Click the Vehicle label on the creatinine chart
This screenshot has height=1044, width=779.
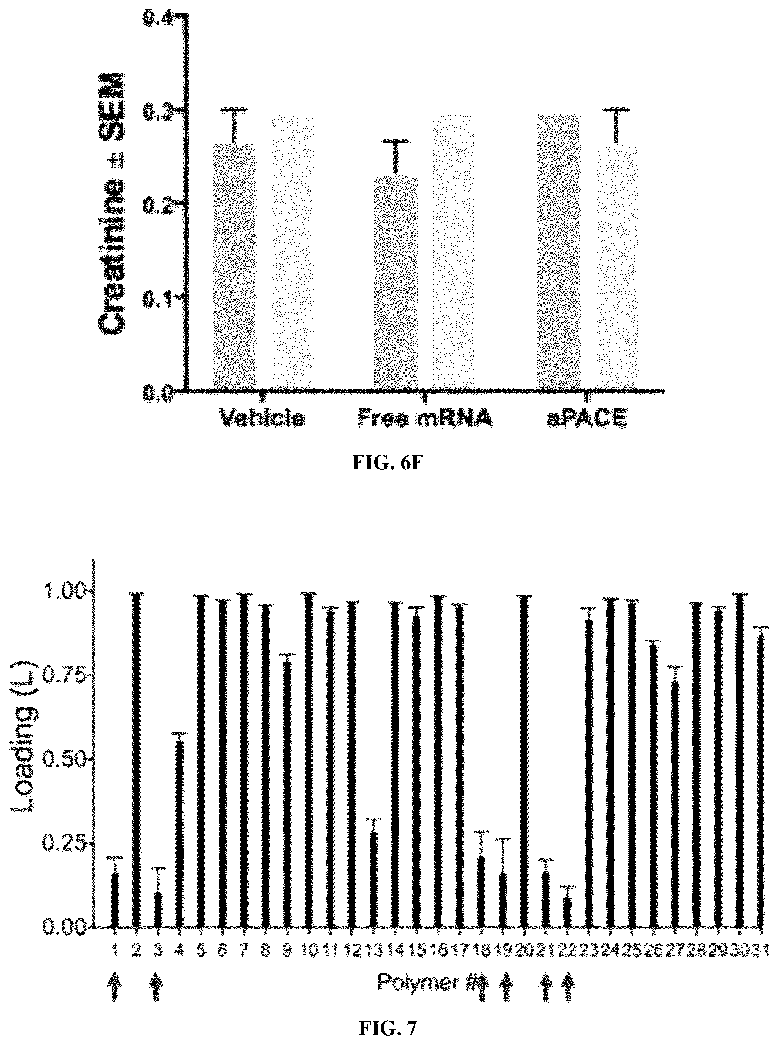263,418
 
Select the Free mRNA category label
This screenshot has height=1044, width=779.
424,418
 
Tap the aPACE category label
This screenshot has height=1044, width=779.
588,418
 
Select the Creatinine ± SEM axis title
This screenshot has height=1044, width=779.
112,204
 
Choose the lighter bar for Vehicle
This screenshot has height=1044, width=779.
292,252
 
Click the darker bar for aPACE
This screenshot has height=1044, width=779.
559,251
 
